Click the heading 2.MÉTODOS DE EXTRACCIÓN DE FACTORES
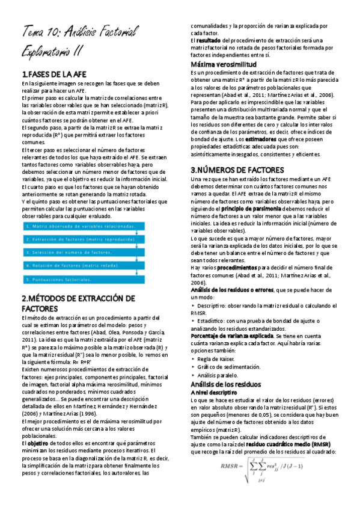click(78, 303)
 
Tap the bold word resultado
click(208, 40)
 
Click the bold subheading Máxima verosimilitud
click(224, 64)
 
